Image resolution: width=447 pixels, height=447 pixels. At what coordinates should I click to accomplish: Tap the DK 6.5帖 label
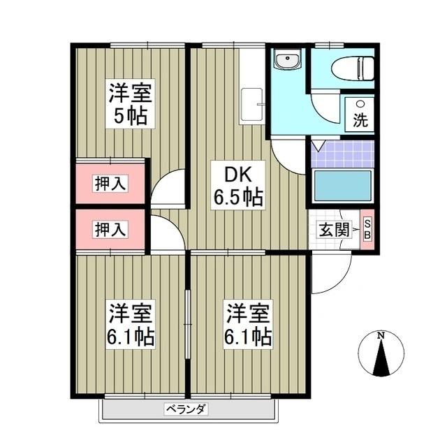pyautogui.click(x=237, y=185)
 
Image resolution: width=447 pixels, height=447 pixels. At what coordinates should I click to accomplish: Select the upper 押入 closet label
pyautogui.click(x=111, y=184)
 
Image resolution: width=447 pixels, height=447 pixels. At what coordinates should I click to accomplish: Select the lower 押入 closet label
pyautogui.click(x=111, y=229)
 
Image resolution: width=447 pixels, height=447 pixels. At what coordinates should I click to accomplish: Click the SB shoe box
pyautogui.click(x=368, y=228)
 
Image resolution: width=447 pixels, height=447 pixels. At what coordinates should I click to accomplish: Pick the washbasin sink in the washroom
pyautogui.click(x=286, y=61)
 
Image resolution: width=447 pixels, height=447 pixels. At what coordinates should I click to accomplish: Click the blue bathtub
pyautogui.click(x=342, y=185)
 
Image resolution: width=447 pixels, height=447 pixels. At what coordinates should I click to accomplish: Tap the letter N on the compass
pyautogui.click(x=381, y=336)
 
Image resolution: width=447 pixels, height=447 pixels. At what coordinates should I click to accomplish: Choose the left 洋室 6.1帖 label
pyautogui.click(x=131, y=325)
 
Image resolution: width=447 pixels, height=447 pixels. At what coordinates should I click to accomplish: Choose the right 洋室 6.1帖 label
pyautogui.click(x=247, y=325)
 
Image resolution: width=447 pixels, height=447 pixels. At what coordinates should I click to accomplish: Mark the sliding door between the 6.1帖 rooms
pyautogui.click(x=187, y=314)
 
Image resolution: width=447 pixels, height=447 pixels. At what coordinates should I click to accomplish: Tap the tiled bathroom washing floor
pyautogui.click(x=342, y=154)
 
